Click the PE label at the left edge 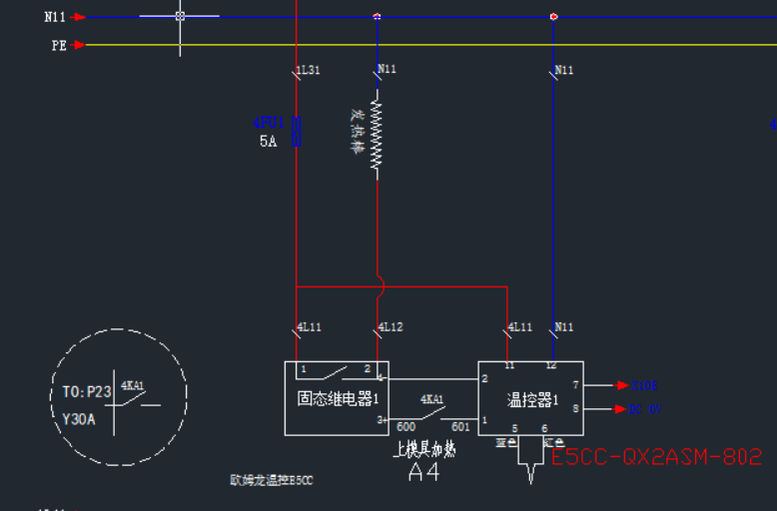pos(59,45)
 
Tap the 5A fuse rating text pos(268,142)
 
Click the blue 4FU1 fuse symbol pos(296,131)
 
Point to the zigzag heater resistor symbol pos(377,133)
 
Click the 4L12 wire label pos(390,327)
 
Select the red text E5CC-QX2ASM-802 pos(656,457)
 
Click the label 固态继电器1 pos(336,399)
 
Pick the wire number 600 pos(406,427)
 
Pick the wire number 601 pos(460,427)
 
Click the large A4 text pos(423,472)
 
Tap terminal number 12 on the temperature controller pos(551,366)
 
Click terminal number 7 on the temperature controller pos(575,384)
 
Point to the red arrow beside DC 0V pos(619,408)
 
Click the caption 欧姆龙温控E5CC pos(272,480)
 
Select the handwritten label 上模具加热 pos(425,450)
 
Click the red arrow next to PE pos(80,45)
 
